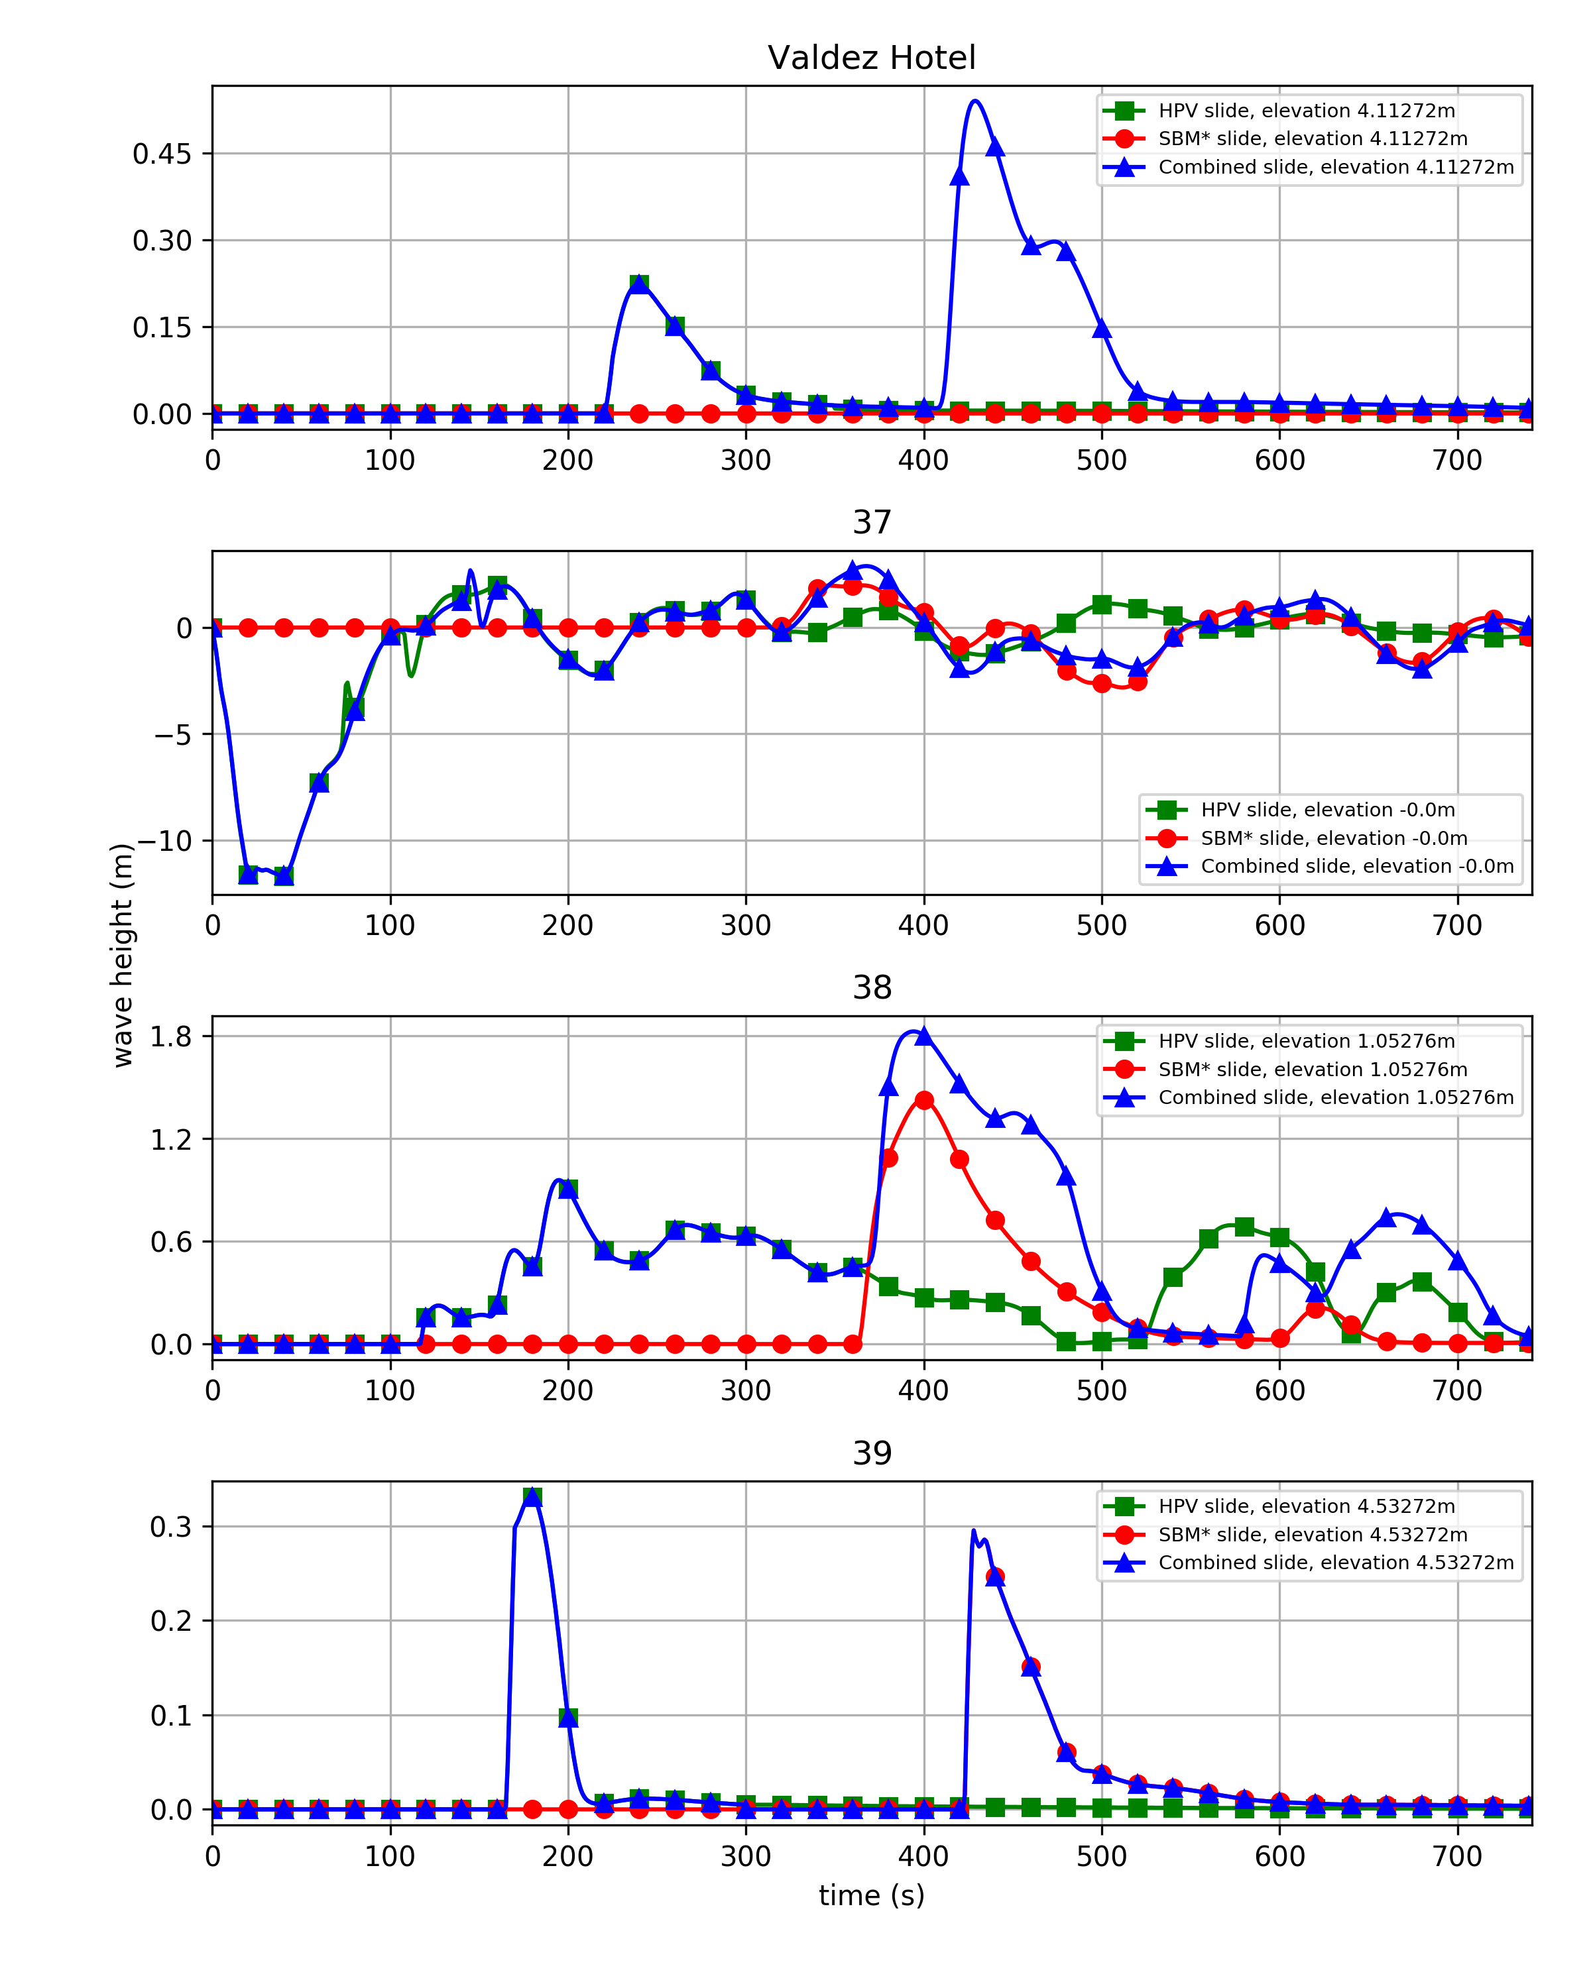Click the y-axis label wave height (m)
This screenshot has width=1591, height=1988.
(x=123, y=956)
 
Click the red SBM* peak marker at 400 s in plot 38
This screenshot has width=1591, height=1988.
(x=924, y=1100)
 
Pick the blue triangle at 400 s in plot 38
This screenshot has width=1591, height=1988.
(x=923, y=1036)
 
